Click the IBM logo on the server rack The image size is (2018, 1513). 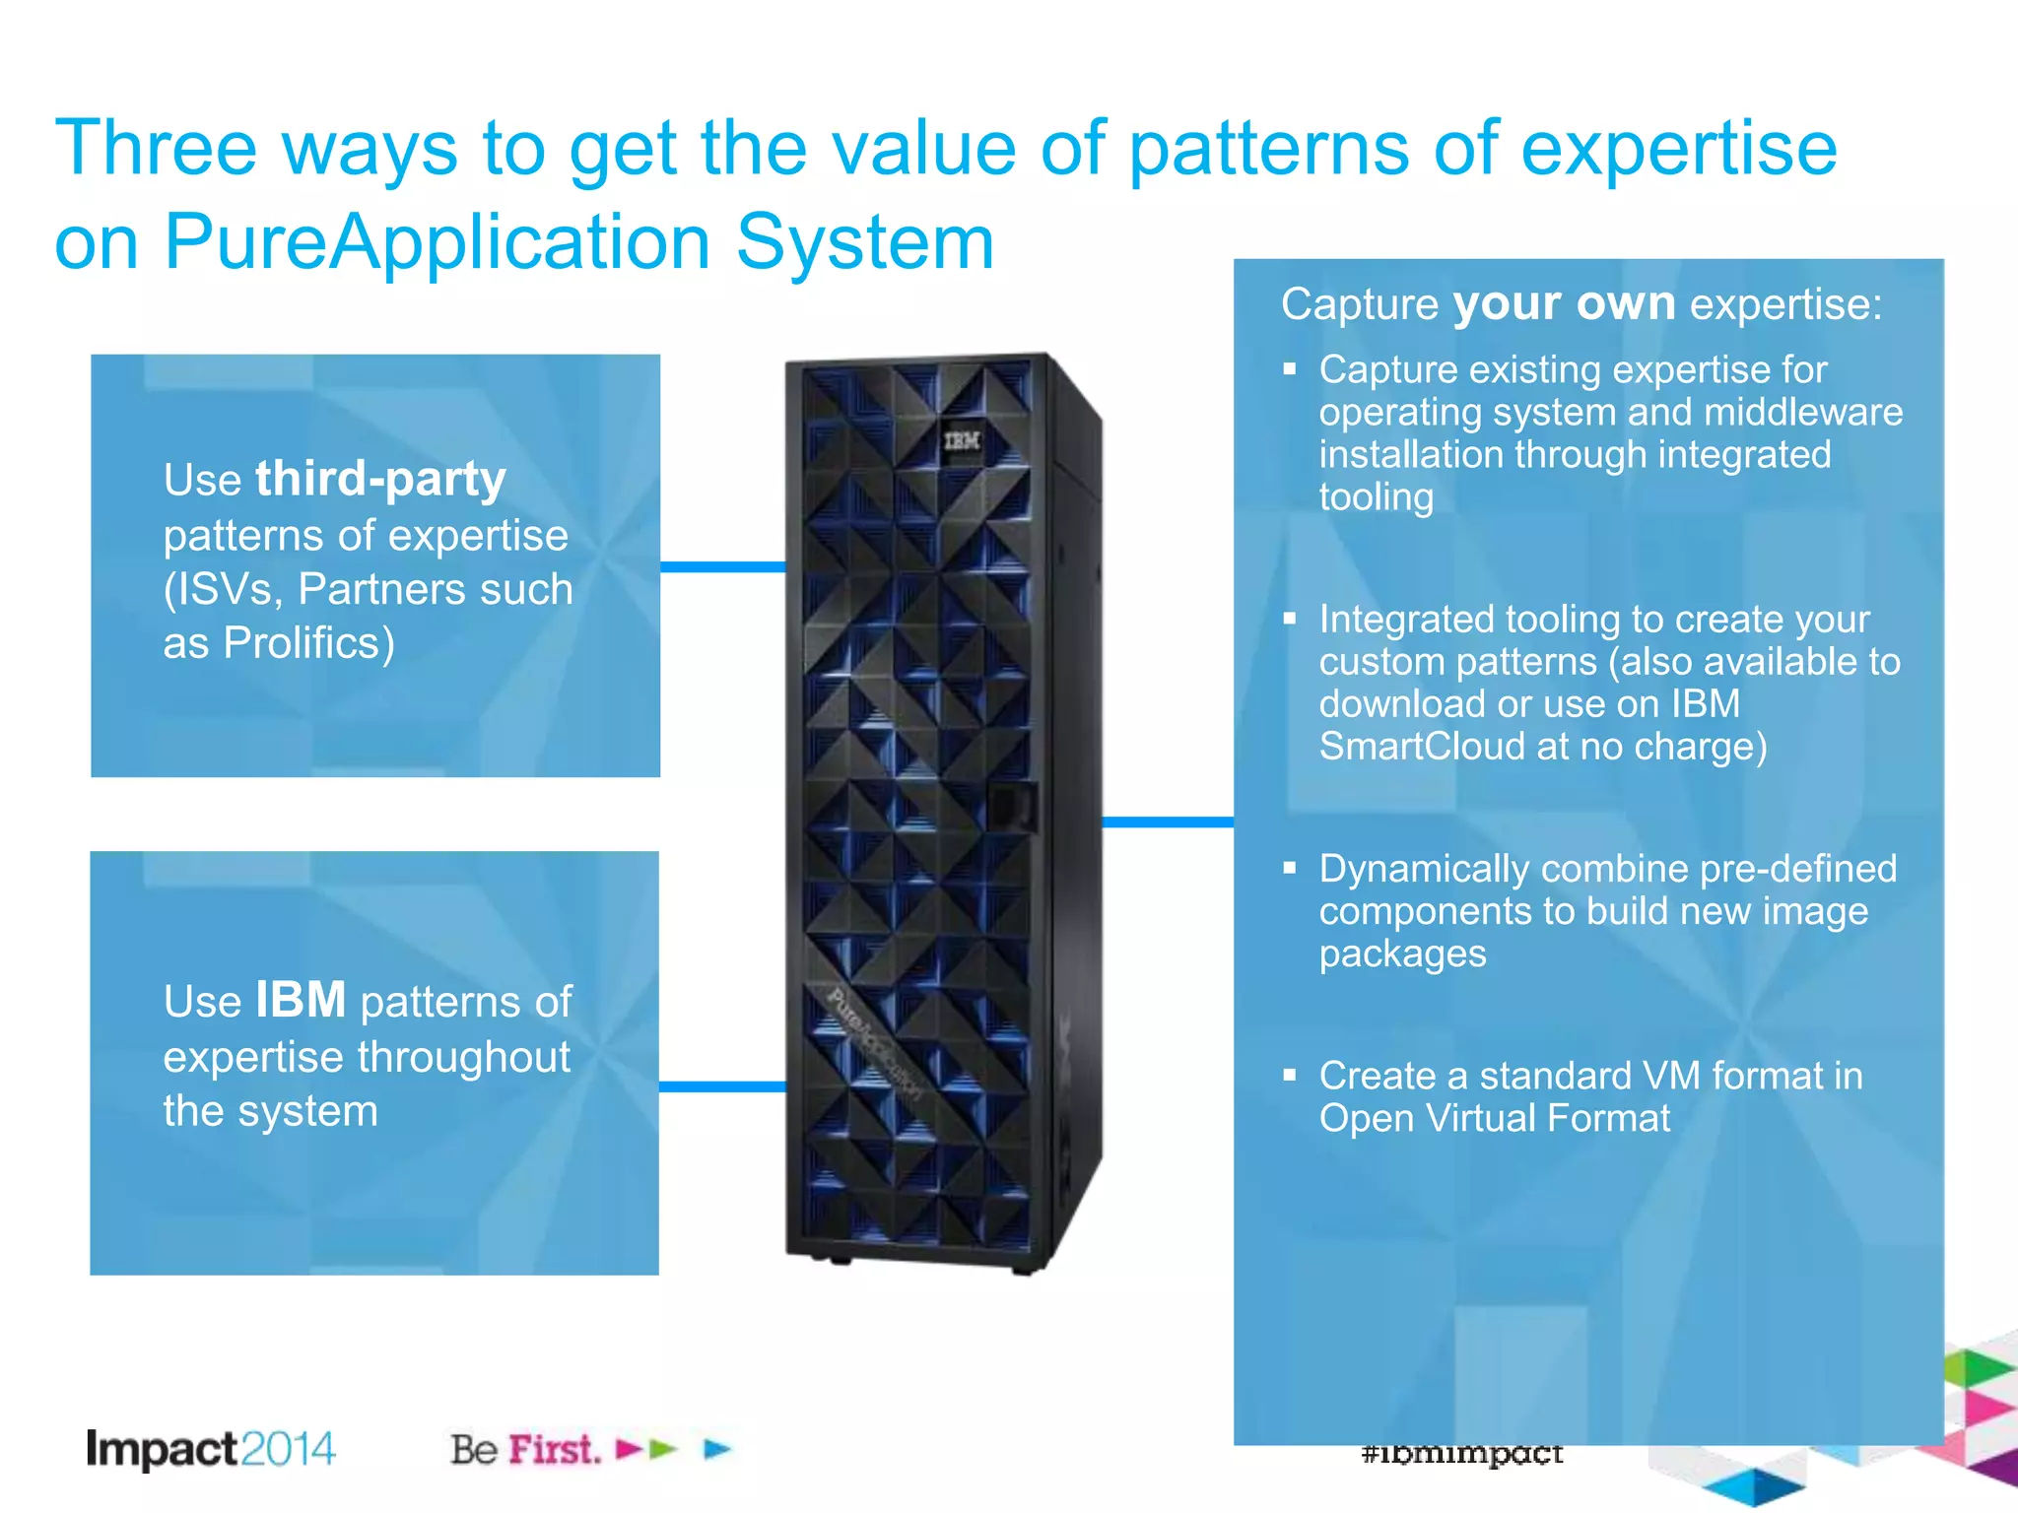pos(962,440)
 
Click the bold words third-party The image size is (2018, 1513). pos(380,479)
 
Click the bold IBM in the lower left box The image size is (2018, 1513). pos(301,1000)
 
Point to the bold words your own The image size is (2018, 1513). pos(1564,302)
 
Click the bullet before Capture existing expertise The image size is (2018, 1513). pos(1290,369)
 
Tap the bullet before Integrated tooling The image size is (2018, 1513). pos(1290,619)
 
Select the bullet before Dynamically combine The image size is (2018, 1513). pos(1290,868)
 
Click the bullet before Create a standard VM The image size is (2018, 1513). pos(1290,1075)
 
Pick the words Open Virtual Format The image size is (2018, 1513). pos(1494,1118)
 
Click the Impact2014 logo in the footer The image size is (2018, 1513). pos(210,1449)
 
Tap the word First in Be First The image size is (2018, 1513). pos(554,1449)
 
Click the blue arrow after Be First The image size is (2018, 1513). pos(718,1449)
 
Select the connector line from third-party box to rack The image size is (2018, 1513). pos(722,566)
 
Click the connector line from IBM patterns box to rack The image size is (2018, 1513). pos(722,1086)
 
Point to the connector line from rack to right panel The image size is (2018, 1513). pos(1168,822)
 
